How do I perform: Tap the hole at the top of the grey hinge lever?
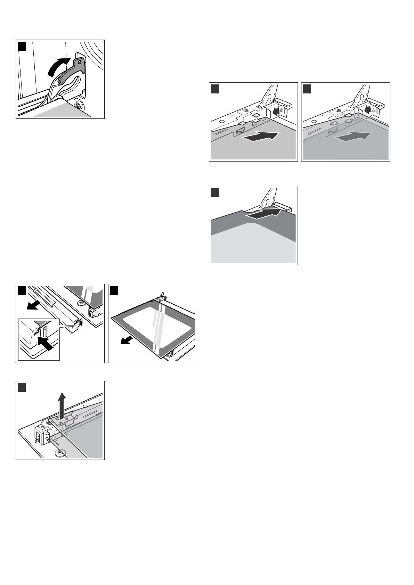click(80, 62)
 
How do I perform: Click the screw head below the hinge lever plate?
click(78, 104)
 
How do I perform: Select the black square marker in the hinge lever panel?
click(22, 46)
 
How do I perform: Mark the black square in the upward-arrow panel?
click(22, 387)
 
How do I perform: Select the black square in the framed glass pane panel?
click(114, 290)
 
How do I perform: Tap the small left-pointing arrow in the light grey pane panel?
click(277, 112)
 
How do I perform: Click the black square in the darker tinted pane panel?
click(307, 89)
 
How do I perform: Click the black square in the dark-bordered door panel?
click(215, 192)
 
